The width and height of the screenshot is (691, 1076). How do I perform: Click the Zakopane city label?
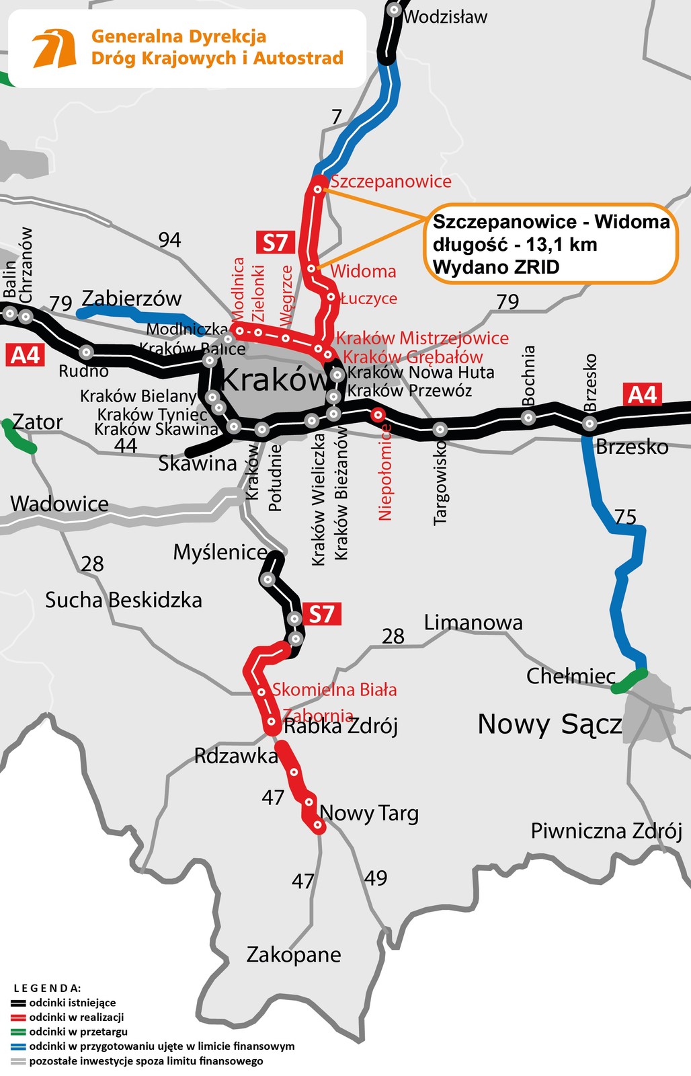(x=294, y=954)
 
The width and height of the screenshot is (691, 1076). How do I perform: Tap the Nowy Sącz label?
(x=549, y=724)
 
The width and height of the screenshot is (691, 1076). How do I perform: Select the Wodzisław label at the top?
(x=446, y=17)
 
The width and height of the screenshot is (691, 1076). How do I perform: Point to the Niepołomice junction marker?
(x=378, y=414)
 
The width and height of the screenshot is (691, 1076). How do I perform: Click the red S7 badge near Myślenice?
(x=321, y=614)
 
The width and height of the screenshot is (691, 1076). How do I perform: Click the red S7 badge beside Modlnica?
(x=275, y=242)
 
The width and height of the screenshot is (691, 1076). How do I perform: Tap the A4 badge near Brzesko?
(x=642, y=395)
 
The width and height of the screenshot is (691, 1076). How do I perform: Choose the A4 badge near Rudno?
(x=26, y=354)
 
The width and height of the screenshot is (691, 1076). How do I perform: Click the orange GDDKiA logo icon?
(x=54, y=48)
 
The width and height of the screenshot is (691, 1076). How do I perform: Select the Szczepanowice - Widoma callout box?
(x=551, y=243)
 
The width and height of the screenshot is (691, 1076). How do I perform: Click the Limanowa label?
(x=473, y=623)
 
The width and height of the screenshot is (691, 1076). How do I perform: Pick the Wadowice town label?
(x=59, y=504)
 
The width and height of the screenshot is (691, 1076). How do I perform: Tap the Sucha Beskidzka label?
(x=123, y=600)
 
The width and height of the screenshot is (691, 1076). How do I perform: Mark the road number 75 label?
(x=625, y=516)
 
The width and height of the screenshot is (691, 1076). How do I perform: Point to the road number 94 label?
(x=169, y=239)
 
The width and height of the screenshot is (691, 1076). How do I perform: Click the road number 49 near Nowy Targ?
(x=376, y=878)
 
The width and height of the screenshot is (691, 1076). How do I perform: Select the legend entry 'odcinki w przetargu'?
(x=78, y=1032)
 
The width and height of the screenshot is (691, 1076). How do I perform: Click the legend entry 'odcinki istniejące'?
(x=73, y=1003)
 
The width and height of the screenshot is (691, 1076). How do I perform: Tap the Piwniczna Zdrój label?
(x=606, y=831)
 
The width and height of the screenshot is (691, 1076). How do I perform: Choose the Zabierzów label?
(x=132, y=299)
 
